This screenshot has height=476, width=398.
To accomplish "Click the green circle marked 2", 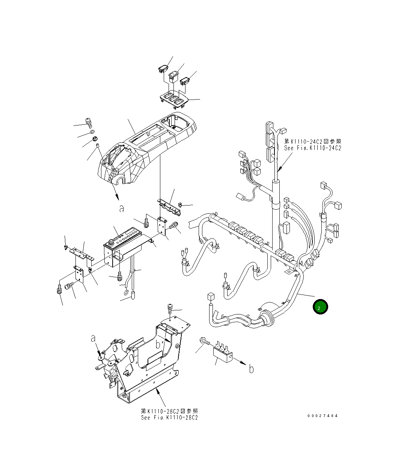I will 320,307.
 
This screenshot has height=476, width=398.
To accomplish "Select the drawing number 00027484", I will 322,416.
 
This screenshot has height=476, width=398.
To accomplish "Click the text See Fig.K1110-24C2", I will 312,148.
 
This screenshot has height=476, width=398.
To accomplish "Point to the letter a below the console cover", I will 121,208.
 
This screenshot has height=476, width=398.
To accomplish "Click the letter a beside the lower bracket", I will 93,339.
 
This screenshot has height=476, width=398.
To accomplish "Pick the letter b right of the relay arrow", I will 251,369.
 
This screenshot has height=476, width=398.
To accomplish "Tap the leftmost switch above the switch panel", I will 163,68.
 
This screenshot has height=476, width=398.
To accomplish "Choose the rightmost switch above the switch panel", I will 185,80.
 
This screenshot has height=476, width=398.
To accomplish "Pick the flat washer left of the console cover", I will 92,133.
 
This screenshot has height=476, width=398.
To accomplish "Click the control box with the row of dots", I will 124,246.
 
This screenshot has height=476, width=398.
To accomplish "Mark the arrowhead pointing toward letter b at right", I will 243,363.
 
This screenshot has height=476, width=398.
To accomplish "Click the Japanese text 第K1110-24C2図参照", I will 312,141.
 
